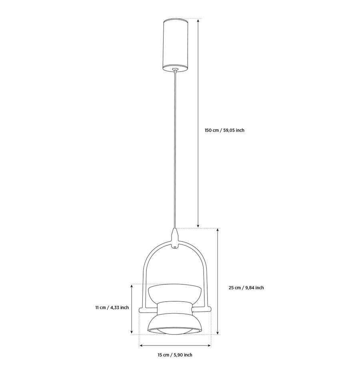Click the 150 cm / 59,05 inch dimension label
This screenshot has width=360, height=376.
[224, 130]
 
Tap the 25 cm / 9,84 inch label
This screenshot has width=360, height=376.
[246, 288]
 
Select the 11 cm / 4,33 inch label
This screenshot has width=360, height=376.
[112, 308]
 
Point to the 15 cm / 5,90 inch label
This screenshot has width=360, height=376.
[175, 355]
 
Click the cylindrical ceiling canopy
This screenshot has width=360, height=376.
[176, 45]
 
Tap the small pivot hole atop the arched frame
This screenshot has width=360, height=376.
[176, 246]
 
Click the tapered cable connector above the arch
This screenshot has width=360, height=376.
[176, 236]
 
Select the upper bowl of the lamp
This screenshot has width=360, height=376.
[175, 294]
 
